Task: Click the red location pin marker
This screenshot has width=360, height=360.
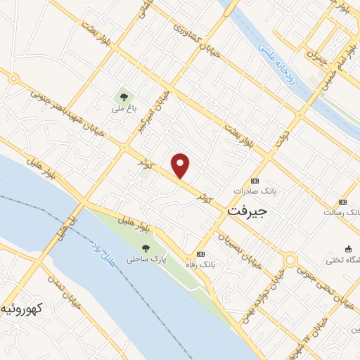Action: (x=181, y=165)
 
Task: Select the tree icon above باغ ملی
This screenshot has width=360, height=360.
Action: (x=124, y=98)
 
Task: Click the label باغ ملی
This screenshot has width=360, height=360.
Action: (x=122, y=110)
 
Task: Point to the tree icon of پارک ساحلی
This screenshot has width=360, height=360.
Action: (x=146, y=247)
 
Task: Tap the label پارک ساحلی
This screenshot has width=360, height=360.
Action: (x=146, y=259)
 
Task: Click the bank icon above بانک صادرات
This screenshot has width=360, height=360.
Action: (x=254, y=180)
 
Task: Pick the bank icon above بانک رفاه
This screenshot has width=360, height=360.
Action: (x=201, y=254)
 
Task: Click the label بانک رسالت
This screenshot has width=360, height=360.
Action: (x=342, y=212)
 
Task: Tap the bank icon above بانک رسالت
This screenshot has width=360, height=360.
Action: (x=342, y=200)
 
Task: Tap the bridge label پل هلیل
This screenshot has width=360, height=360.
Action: (x=63, y=227)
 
